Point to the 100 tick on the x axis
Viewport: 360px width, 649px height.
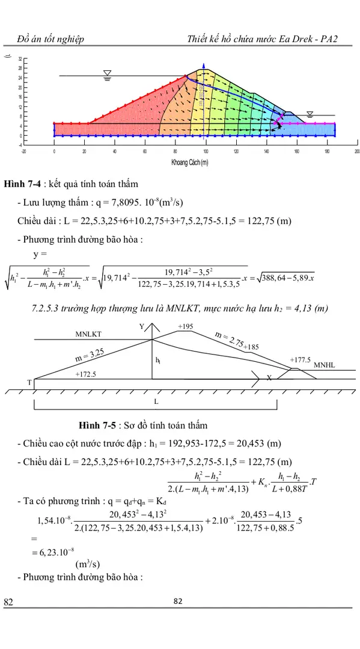click(206, 151)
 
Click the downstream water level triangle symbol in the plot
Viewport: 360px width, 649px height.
click(310, 113)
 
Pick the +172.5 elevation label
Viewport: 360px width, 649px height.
click(85, 374)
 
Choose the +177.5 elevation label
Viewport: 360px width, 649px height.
click(300, 360)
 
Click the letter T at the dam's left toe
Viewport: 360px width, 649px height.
click(28, 382)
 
